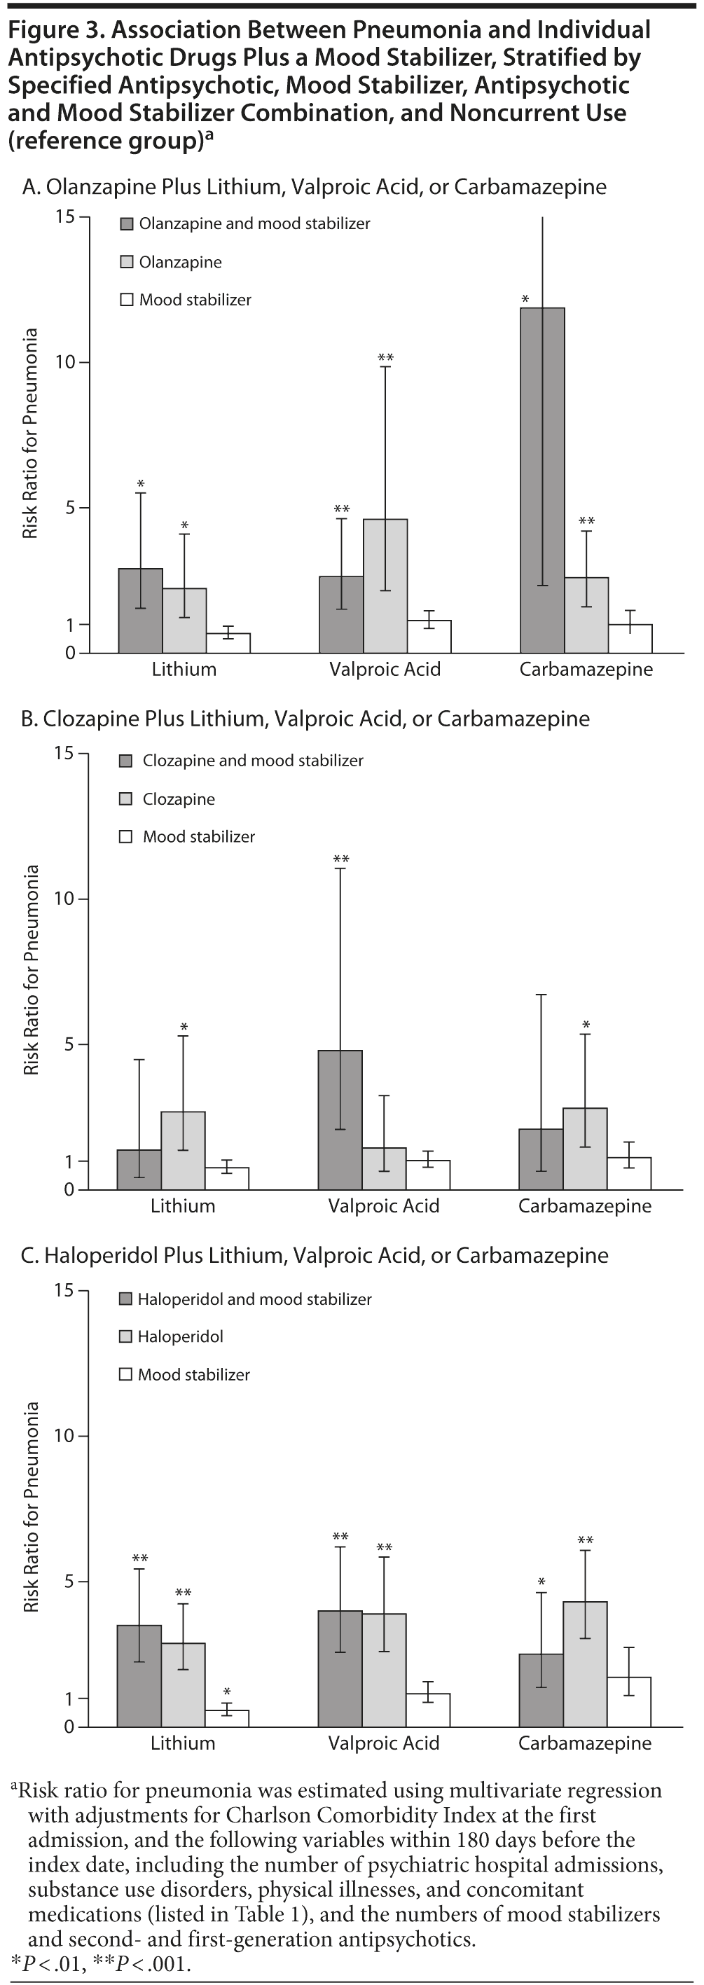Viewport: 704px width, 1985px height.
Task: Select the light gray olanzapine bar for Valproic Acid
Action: click(385, 586)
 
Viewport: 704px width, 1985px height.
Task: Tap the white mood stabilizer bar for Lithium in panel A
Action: click(228, 643)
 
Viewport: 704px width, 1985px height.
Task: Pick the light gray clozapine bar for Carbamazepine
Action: click(585, 1148)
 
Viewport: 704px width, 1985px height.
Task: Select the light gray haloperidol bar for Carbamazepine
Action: click(585, 1664)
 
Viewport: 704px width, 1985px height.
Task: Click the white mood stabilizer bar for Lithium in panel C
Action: click(226, 1717)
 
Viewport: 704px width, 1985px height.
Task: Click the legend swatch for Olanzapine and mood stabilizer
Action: click(126, 224)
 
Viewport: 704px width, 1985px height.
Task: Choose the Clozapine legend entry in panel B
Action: click(178, 799)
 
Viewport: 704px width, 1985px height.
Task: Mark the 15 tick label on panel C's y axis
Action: click(64, 1290)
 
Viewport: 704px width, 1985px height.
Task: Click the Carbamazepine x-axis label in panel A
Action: click(586, 669)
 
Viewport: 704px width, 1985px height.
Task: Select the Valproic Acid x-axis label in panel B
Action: click(384, 1206)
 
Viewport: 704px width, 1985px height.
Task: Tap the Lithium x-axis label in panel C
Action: click(183, 1743)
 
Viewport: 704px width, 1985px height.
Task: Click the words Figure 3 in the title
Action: click(55, 30)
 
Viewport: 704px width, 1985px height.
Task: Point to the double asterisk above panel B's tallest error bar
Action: click(340, 859)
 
